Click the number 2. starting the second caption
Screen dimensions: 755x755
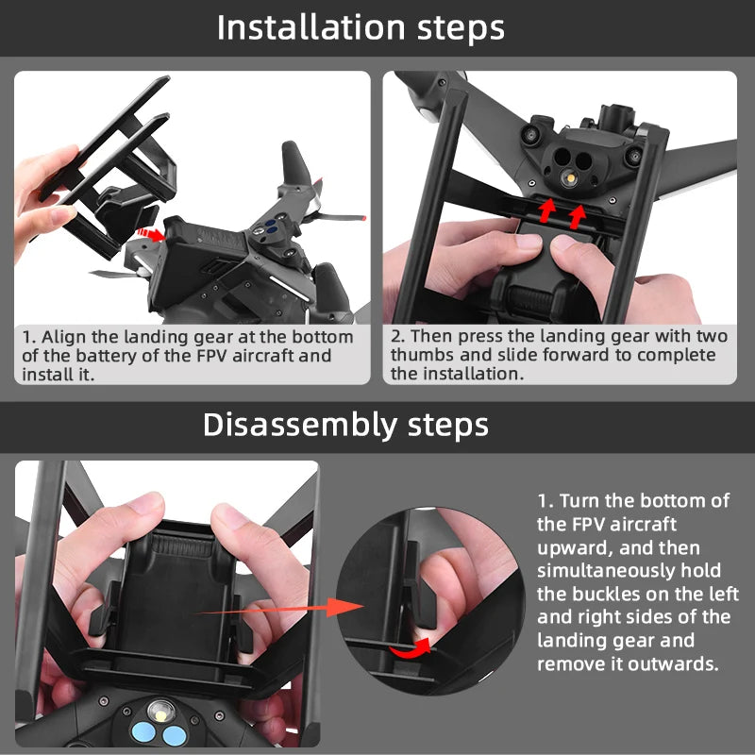point(397,337)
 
